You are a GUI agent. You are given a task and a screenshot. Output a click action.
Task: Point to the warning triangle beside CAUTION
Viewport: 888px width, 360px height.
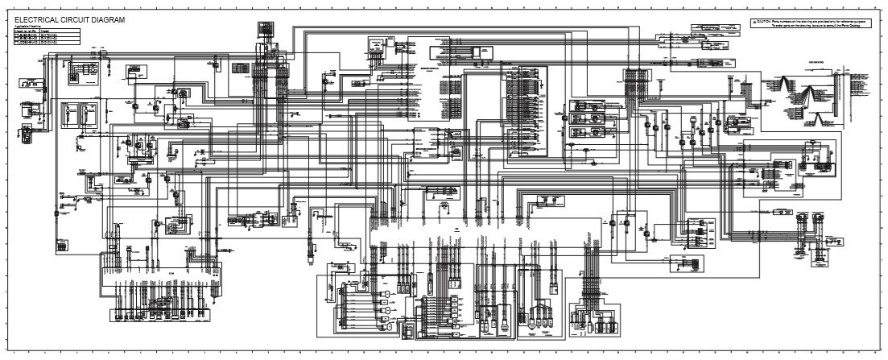[754, 21]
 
